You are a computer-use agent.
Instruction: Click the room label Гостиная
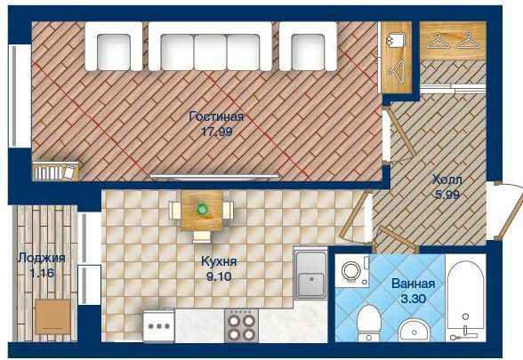tap(216, 116)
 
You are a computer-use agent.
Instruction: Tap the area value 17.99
tap(217, 132)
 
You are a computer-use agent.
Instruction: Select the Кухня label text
tap(219, 261)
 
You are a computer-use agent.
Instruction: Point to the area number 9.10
tap(219, 276)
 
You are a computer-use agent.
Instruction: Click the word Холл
tap(447, 180)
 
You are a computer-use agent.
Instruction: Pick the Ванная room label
tap(414, 284)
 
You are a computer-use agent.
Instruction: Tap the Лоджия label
tap(42, 258)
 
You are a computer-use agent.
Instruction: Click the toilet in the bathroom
tap(369, 323)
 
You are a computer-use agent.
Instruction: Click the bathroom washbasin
tap(414, 331)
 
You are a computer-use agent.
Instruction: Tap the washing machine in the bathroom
tap(352, 270)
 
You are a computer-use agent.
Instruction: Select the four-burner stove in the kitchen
tap(242, 325)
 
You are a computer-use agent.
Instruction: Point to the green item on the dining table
tap(202, 210)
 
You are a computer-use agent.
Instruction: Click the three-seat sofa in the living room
tap(210, 46)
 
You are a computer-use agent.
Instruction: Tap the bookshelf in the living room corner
tap(56, 171)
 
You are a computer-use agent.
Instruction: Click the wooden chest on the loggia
tap(53, 316)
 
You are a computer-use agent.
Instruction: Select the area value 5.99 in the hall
tap(447, 195)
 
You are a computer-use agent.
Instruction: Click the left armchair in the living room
tap(114, 46)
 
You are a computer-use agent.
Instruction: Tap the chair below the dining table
tap(202, 236)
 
